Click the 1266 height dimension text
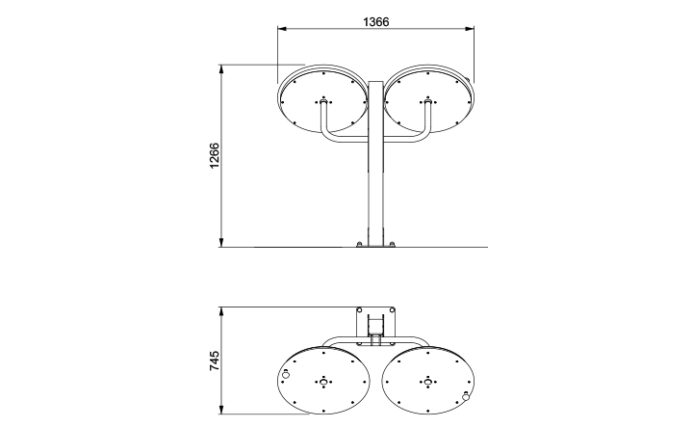[x=215, y=156]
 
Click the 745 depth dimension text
[x=215, y=362]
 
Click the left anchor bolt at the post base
[x=360, y=244]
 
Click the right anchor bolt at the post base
[x=391, y=244]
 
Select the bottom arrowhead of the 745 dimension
[x=222, y=414]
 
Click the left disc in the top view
[x=323, y=382]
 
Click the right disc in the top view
[x=426, y=382]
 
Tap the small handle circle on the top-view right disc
[x=466, y=395]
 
